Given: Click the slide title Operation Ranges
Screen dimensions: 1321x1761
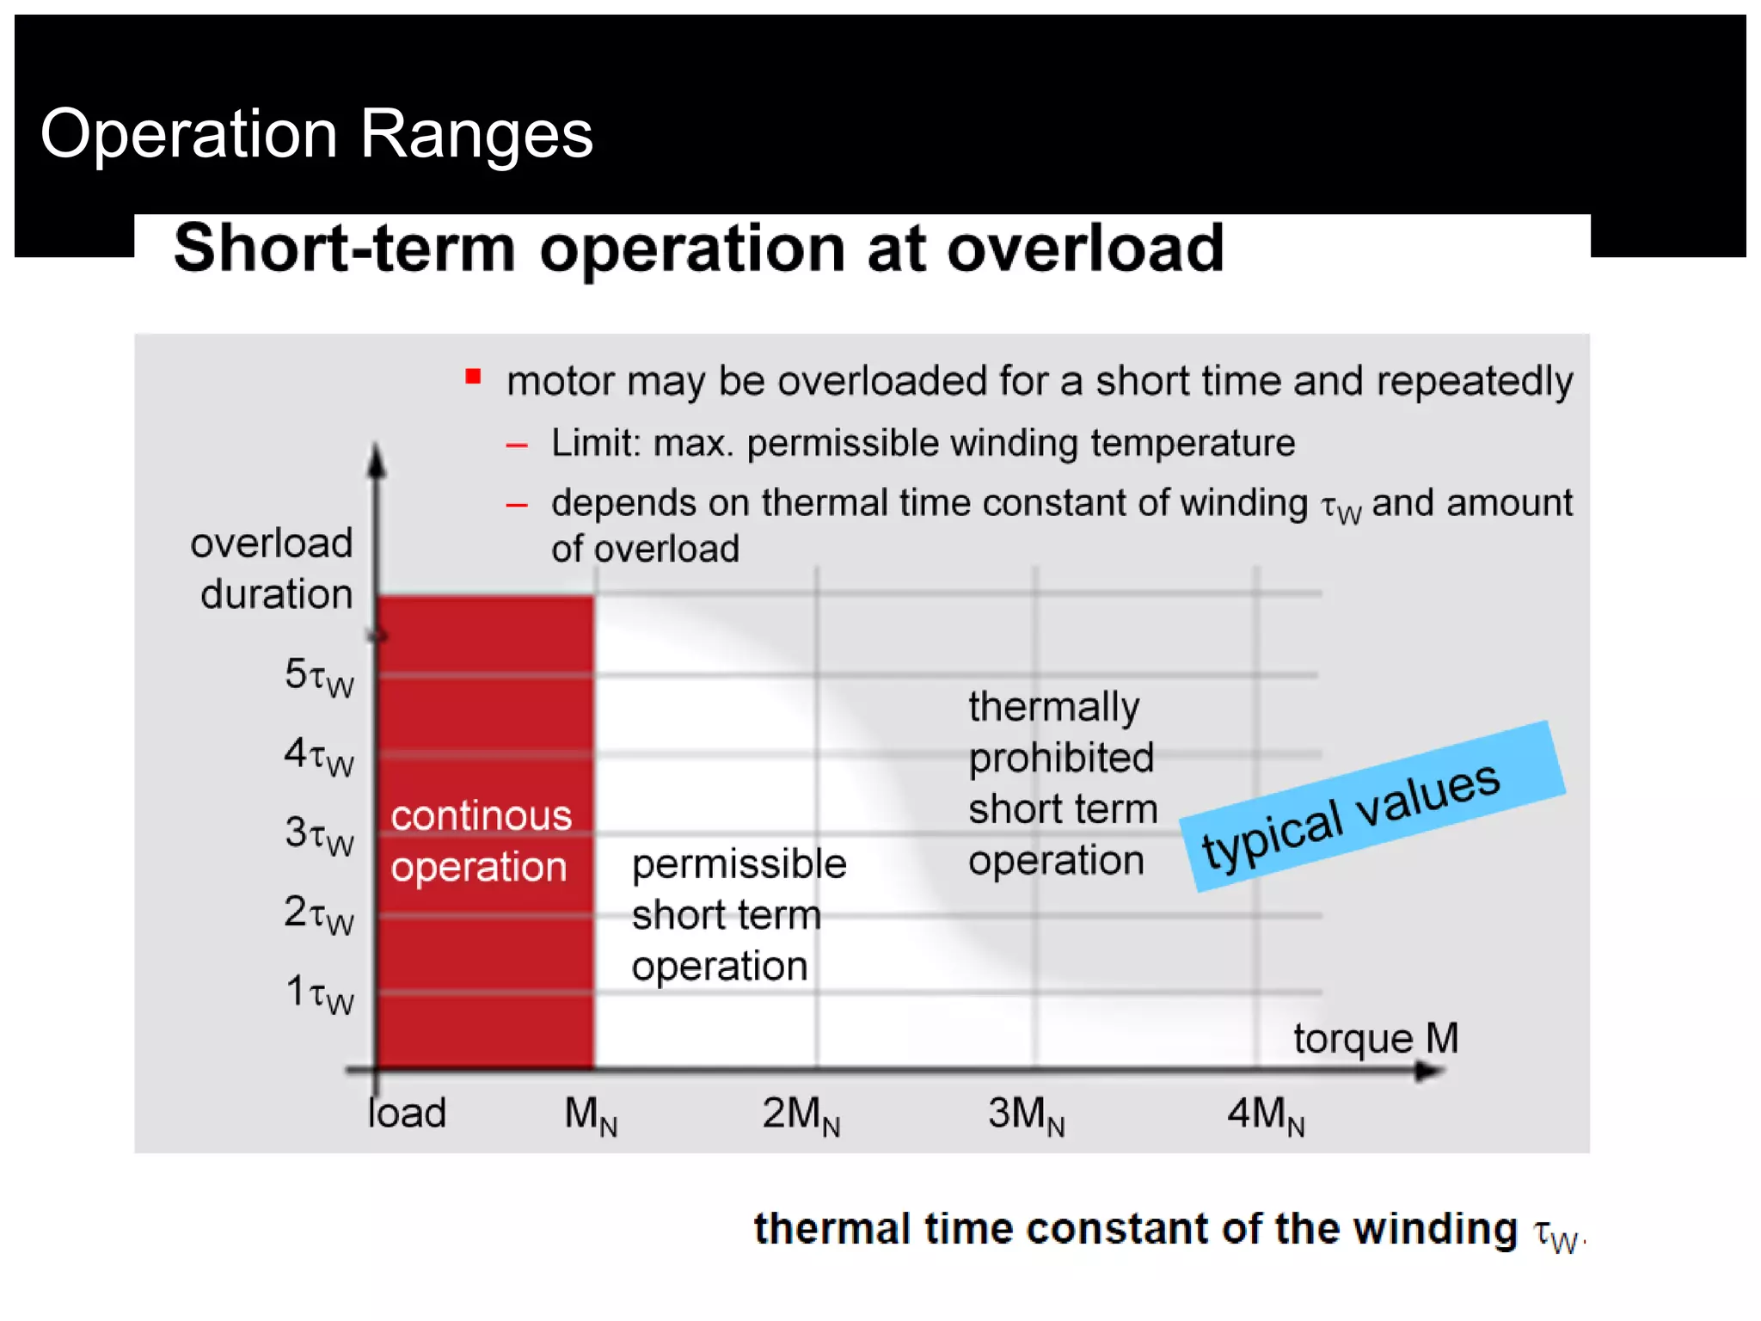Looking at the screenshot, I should tap(316, 134).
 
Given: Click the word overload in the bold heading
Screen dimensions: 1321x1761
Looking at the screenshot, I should tap(1085, 249).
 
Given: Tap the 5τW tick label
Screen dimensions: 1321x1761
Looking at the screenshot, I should tap(319, 677).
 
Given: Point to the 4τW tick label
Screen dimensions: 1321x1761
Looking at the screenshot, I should tap(319, 756).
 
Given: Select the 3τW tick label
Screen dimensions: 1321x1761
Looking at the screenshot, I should tap(319, 835).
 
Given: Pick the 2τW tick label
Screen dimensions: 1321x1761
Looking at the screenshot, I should tap(319, 914).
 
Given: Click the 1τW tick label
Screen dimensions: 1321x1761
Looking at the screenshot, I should tap(319, 993).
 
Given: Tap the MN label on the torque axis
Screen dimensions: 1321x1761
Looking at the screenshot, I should tap(590, 1115).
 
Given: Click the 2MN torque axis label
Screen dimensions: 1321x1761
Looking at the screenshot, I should tap(801, 1115).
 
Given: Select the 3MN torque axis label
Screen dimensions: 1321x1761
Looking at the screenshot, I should tap(1026, 1115).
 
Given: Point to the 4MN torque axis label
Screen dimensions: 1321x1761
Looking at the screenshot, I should tap(1265, 1115).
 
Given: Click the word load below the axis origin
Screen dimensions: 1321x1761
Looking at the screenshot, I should tap(407, 1113).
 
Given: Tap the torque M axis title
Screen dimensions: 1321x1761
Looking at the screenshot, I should tap(1376, 1039).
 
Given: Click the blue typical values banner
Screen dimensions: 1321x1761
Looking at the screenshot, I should tap(1372, 806).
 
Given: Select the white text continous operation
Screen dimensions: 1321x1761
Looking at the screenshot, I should tap(480, 841).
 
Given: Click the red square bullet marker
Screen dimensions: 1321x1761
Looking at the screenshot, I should tap(473, 377).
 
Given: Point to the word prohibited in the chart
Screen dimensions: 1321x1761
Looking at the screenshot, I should tap(1060, 759).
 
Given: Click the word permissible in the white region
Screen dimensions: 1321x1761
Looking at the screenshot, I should tap(739, 864).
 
